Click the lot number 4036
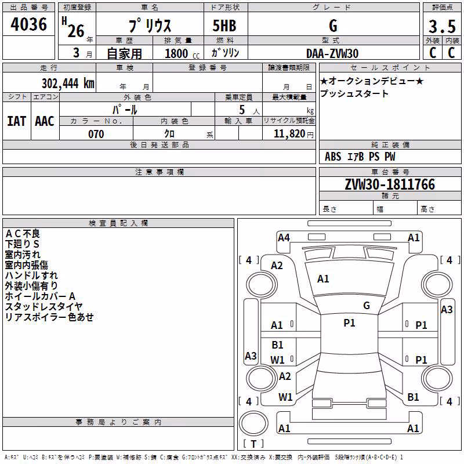tap(28, 24)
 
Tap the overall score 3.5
tap(442, 26)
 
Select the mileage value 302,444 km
tap(68, 83)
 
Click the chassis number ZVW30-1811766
tap(390, 184)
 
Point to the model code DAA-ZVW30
tap(332, 53)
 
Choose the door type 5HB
tap(224, 26)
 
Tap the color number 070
tap(96, 134)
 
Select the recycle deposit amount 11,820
tap(289, 134)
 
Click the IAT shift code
tap(17, 121)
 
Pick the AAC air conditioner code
tap(45, 121)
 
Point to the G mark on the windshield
tap(367, 305)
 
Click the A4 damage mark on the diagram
tap(284, 238)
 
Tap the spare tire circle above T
tap(253, 423)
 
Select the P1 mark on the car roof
tap(349, 323)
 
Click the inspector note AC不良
tap(23, 234)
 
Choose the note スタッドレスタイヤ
tap(43, 307)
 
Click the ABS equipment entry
tap(333, 157)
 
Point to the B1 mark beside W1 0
tap(278, 345)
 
